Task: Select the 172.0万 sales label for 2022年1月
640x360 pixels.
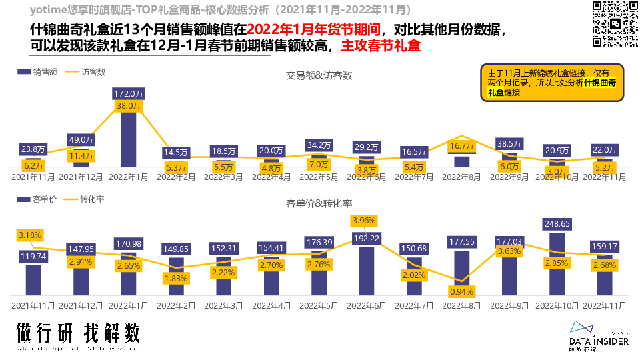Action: click(x=129, y=93)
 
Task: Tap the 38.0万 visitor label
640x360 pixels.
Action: click(x=129, y=106)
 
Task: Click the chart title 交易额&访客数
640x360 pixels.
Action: click(x=319, y=75)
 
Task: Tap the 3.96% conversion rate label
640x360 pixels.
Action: click(x=365, y=221)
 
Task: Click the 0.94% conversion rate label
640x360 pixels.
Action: click(x=461, y=291)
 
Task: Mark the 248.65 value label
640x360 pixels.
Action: click(x=557, y=224)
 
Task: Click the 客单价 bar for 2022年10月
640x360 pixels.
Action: click(x=557, y=264)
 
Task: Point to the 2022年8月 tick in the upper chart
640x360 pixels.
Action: click(x=461, y=177)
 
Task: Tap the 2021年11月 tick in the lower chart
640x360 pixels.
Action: click(x=33, y=305)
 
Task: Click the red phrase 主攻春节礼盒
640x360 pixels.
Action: click(x=381, y=47)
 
